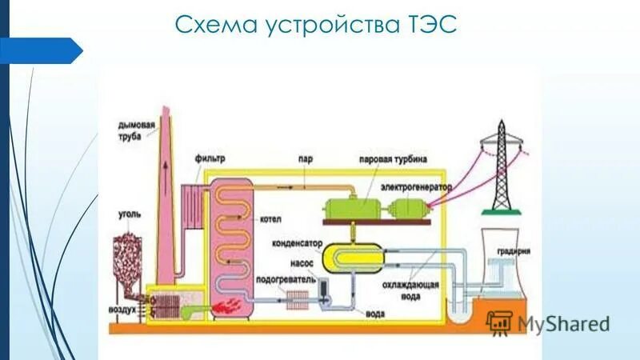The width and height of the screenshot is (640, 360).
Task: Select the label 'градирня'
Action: (513, 250)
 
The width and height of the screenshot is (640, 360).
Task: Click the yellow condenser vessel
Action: (352, 258)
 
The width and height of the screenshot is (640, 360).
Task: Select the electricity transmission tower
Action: (501, 168)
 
